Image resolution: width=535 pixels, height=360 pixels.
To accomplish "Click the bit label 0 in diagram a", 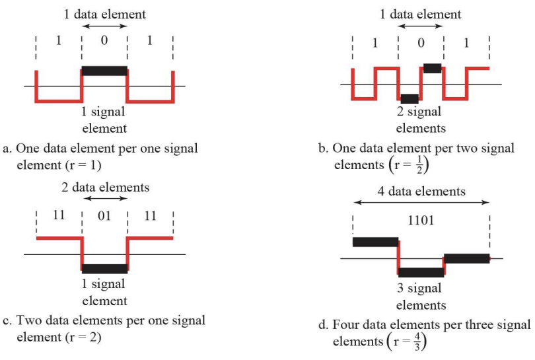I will (104, 40).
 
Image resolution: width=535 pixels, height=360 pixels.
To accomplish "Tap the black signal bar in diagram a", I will (104, 70).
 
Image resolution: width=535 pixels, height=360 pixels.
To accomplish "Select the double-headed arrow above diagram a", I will (104, 26).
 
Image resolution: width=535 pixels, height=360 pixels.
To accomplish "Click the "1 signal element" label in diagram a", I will (104, 120).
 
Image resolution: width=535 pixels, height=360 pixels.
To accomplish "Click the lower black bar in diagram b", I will (410, 98).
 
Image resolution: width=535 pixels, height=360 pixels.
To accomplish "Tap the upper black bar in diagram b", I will (432, 68).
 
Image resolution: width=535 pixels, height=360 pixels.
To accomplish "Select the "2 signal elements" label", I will (421, 120).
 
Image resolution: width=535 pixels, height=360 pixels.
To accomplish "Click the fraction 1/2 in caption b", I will (419, 164).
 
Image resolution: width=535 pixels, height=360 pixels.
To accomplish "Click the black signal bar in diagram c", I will (104, 268).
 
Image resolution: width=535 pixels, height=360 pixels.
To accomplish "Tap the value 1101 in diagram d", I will (421, 220).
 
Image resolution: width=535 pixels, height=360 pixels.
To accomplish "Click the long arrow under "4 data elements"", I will (421, 203).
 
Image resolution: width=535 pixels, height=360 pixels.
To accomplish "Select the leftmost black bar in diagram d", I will (376, 242).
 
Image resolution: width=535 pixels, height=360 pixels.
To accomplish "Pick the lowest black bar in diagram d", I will (421, 272).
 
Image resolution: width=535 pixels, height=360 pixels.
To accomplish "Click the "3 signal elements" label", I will (421, 297).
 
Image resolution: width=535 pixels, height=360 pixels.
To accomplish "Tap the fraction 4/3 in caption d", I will (420, 341).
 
